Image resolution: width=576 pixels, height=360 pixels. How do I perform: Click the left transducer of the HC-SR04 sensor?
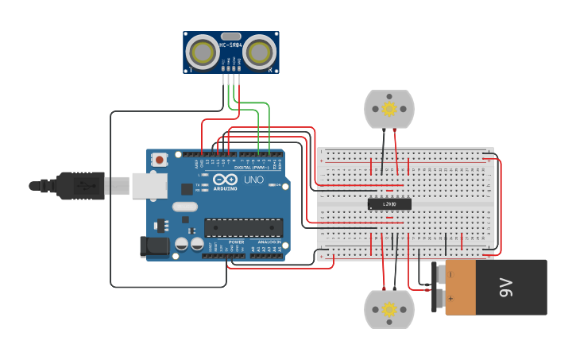(202, 53)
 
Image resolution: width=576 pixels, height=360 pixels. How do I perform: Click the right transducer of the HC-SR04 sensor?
(260, 53)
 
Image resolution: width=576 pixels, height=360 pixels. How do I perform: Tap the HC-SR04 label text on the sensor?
(230, 45)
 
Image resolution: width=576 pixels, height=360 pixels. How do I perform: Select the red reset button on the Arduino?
(160, 160)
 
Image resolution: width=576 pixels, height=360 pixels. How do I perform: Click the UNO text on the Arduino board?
(253, 180)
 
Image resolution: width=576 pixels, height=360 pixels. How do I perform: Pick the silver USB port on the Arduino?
(149, 185)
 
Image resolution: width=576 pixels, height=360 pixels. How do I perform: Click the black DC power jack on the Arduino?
(155, 246)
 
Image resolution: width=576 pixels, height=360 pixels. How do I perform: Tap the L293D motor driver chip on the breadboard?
(389, 204)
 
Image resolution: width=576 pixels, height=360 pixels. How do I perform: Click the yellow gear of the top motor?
(389, 108)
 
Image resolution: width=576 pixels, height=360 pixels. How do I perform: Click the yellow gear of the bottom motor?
(389, 309)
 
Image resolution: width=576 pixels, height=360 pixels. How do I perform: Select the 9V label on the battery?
(507, 287)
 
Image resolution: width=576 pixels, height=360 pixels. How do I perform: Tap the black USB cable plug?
(79, 185)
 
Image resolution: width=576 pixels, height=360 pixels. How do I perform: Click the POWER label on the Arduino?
(236, 242)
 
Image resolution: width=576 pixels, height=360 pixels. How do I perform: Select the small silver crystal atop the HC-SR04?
(230, 36)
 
